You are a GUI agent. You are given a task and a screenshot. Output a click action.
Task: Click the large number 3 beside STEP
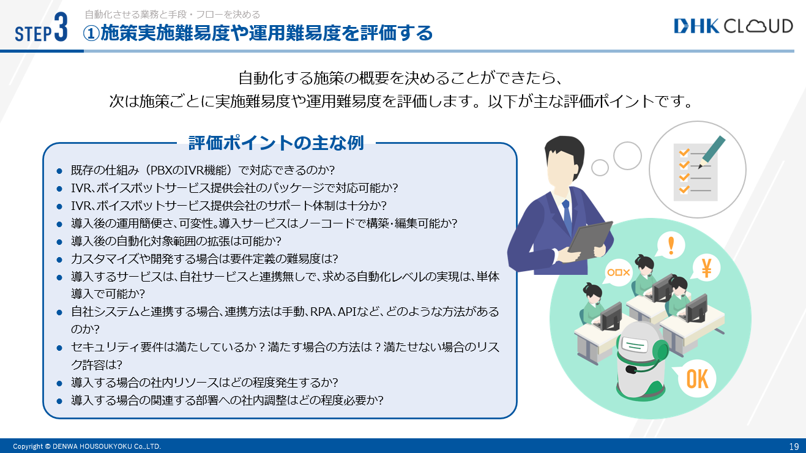[61, 27]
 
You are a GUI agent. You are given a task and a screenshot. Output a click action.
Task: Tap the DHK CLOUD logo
[733, 26]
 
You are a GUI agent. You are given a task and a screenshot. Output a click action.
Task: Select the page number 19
[794, 446]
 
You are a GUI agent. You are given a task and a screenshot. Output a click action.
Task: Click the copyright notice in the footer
[87, 446]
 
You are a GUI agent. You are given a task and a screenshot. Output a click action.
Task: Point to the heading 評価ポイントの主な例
[276, 143]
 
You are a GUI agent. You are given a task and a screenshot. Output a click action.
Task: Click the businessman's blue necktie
[567, 216]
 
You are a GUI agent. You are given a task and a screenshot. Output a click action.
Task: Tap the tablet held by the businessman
[590, 239]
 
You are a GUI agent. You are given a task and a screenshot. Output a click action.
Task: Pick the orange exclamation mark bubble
[670, 245]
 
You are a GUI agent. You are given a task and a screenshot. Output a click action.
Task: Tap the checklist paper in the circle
[696, 172]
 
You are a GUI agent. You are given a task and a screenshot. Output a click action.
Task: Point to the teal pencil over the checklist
[712, 152]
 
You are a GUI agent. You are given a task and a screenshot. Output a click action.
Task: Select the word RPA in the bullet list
[321, 311]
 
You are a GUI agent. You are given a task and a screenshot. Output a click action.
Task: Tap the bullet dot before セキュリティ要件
[59, 348]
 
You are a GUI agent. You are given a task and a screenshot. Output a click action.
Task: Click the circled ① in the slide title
[91, 34]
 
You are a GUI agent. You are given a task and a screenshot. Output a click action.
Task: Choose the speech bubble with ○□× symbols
[618, 272]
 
